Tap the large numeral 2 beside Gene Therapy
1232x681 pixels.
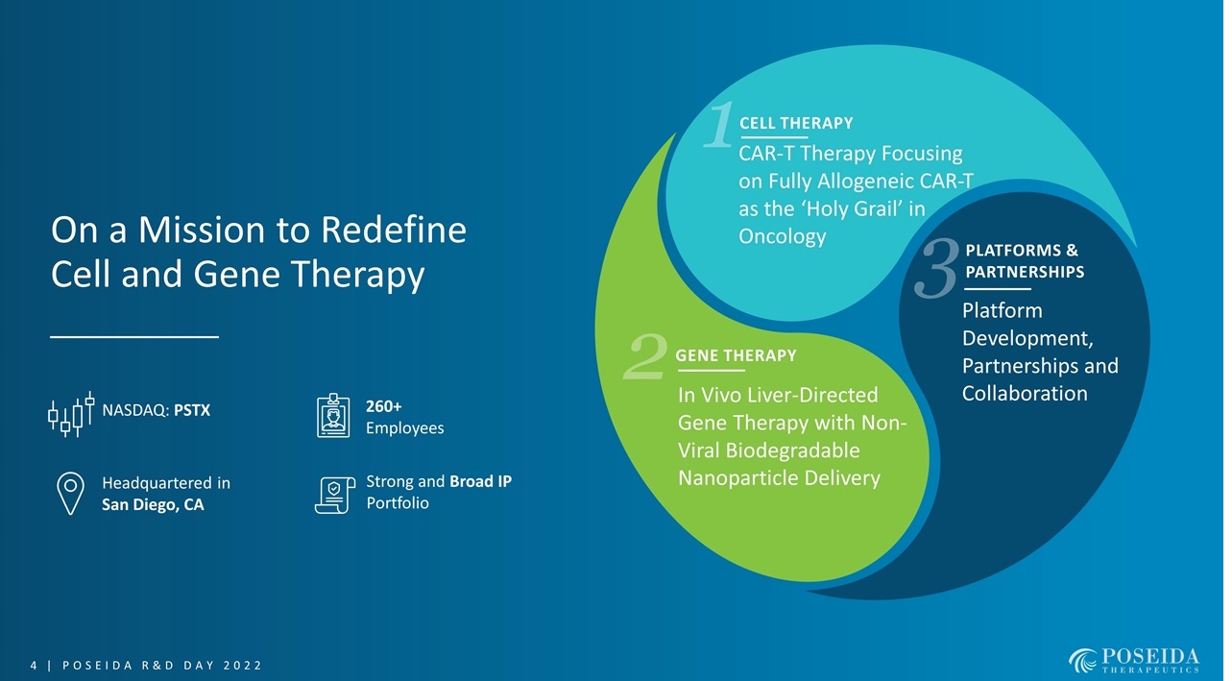[x=645, y=357]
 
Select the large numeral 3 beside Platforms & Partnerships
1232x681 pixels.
[x=939, y=268]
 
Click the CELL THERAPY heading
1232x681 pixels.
[x=795, y=123]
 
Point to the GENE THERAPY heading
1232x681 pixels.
[x=736, y=355]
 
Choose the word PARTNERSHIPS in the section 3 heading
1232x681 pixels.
[x=1024, y=272]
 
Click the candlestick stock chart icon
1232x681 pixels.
[x=71, y=413]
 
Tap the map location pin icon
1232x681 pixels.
[x=70, y=493]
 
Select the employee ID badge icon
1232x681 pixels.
[x=333, y=416]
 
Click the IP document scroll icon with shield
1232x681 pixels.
[x=332, y=494]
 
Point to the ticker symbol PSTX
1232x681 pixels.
[x=192, y=411]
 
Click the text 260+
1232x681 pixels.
[x=383, y=406]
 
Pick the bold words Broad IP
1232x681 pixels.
[x=480, y=481]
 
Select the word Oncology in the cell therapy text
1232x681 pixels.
[x=782, y=236]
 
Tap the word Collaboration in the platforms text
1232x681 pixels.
[x=1024, y=394]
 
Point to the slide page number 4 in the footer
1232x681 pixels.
[x=34, y=666]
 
